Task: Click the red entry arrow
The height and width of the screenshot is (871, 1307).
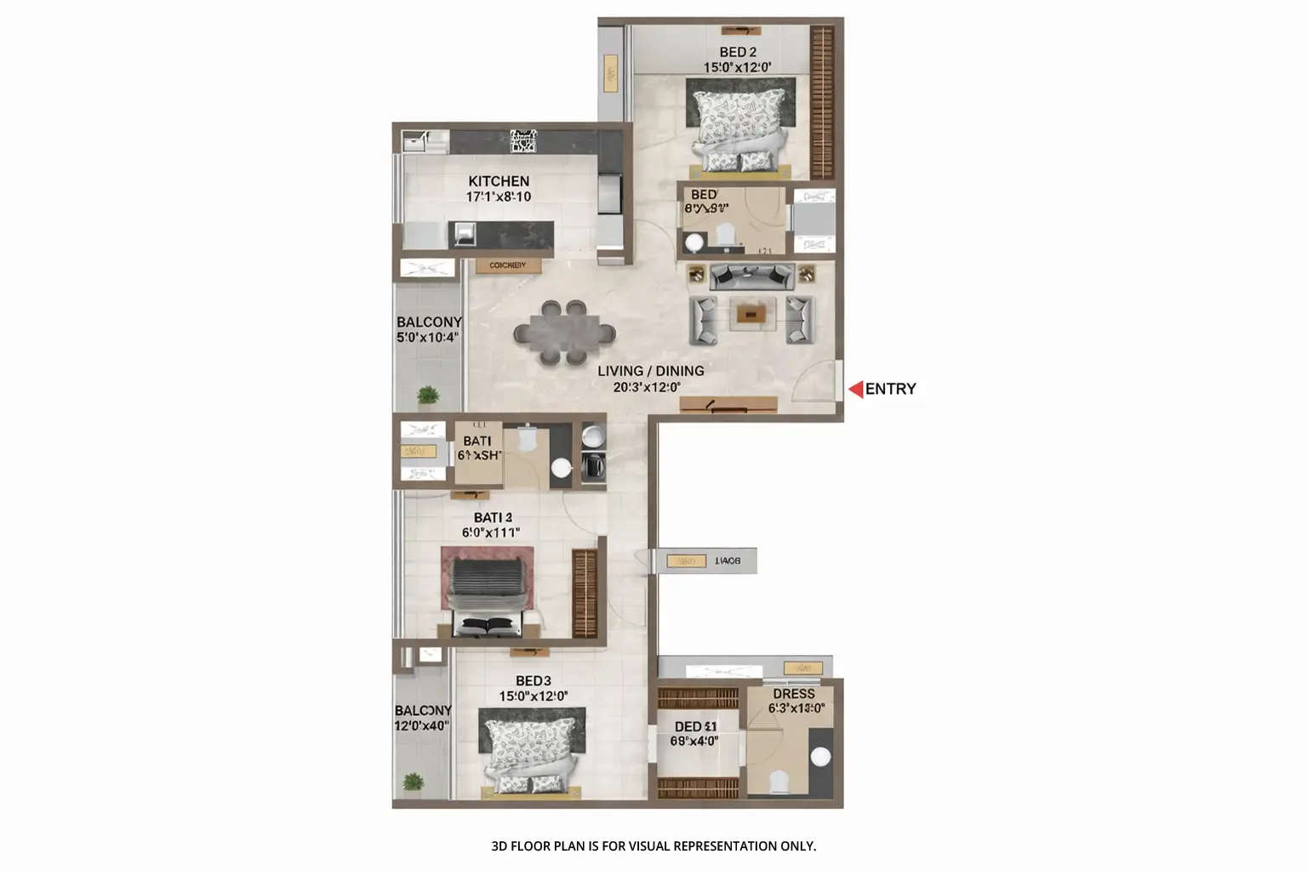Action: pos(855,390)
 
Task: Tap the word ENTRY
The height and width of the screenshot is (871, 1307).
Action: pos(891,389)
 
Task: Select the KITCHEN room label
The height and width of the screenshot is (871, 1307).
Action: pos(499,181)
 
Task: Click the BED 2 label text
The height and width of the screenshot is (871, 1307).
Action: pos(738,53)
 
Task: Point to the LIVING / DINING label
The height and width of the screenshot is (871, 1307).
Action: pos(651,371)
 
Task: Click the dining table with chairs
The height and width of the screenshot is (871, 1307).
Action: pos(563,332)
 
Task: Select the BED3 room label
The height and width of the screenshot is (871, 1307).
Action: pos(534,680)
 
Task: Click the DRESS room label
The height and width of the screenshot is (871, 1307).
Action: pos(794,694)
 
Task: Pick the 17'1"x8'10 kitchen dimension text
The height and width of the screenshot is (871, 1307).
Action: pos(499,196)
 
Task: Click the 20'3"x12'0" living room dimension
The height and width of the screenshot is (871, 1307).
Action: pos(647,387)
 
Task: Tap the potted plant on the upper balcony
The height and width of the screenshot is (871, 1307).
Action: pos(428,396)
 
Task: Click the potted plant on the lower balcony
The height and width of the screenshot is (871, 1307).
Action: pos(414,782)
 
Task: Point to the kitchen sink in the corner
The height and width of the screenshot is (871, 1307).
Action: pos(414,140)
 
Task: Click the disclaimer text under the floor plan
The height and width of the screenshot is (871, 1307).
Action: pos(653,845)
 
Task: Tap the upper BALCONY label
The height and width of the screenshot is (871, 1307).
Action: pos(429,322)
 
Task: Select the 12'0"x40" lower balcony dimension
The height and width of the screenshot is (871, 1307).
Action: pos(421,726)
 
